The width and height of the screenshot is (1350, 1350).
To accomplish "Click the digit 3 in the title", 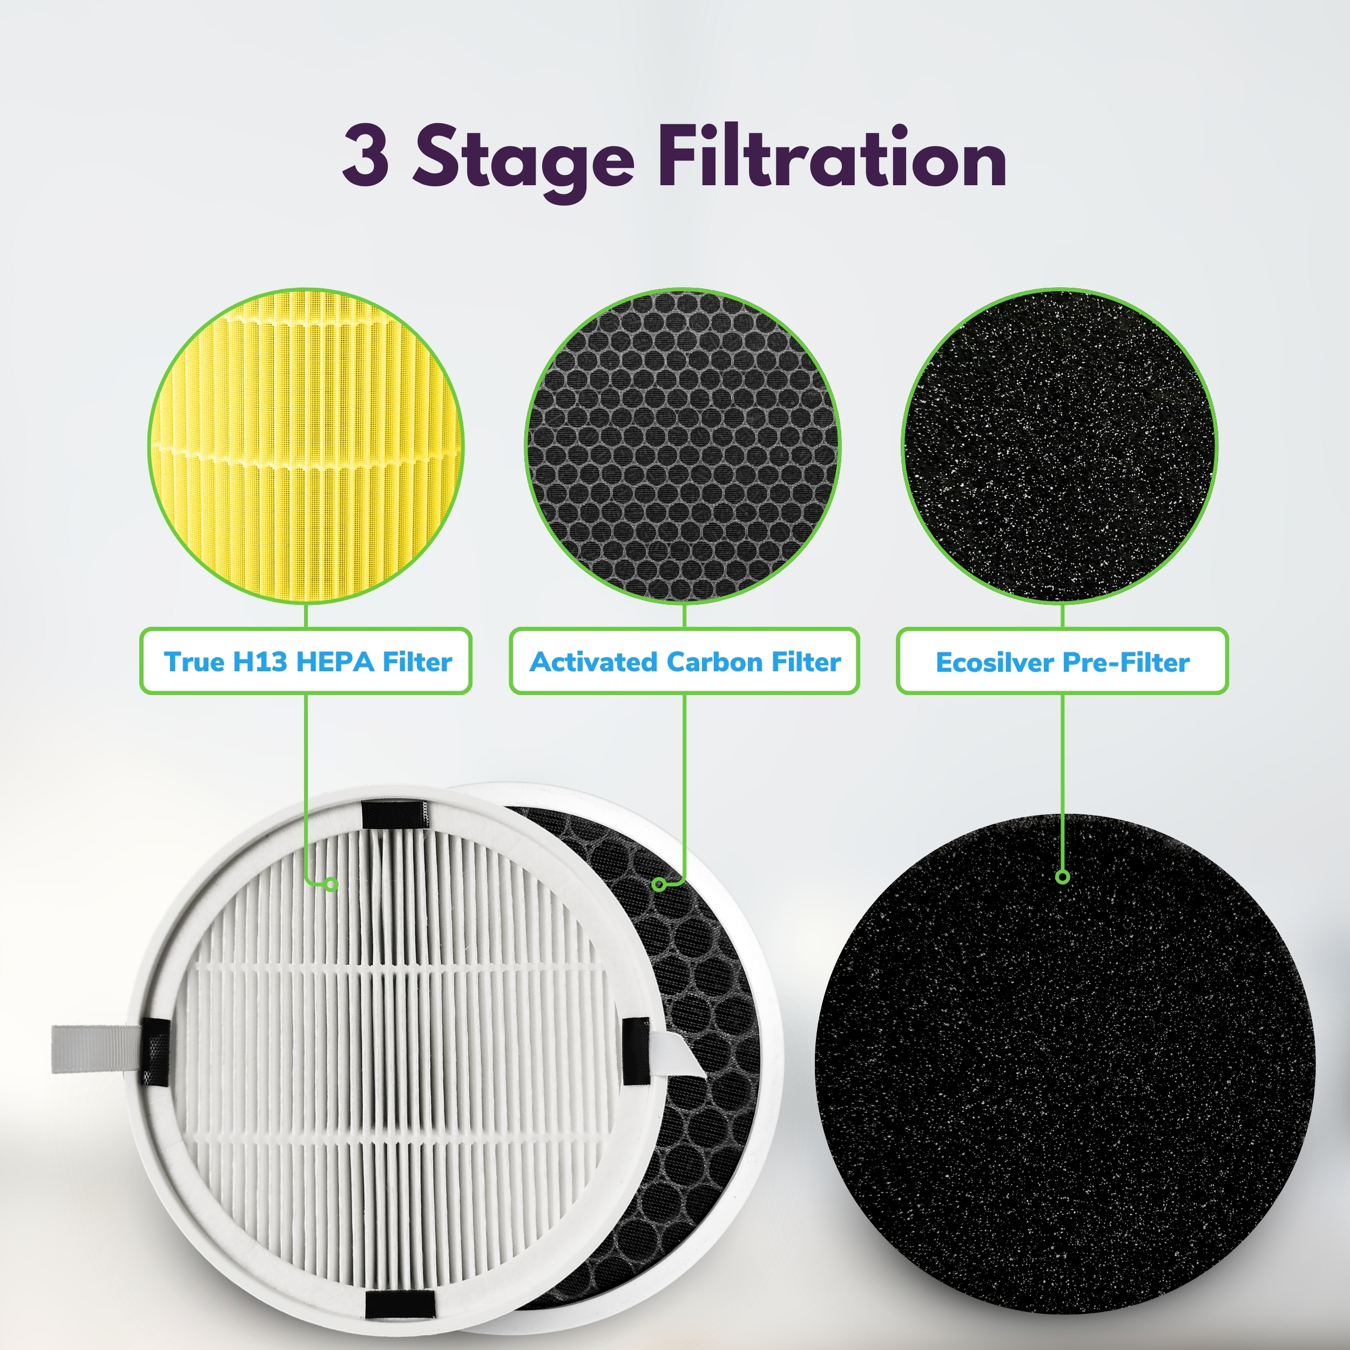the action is tap(366, 156).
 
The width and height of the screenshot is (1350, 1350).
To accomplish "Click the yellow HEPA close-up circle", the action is tap(306, 446).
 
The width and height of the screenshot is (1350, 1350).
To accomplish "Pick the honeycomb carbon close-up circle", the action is tap(683, 446).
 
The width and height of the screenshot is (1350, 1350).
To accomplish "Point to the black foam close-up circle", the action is tap(1060, 446).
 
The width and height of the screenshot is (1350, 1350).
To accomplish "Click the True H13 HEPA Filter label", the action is tap(306, 661).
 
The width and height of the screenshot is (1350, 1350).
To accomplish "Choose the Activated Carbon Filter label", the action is tap(684, 661).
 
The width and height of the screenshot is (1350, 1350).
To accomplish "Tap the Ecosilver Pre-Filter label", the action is tap(1062, 661).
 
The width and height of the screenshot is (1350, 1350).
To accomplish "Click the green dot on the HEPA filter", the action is tap(332, 885).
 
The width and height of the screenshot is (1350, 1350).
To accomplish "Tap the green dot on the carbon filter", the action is tap(658, 885).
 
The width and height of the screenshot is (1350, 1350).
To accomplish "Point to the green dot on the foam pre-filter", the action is tap(1063, 876).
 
